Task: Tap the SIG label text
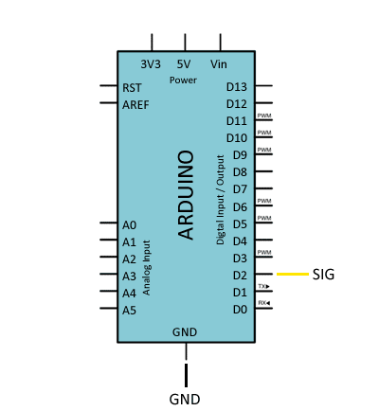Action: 323,275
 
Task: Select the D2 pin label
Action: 240,275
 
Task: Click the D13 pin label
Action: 237,87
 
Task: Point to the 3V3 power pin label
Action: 151,64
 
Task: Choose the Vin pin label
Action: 219,64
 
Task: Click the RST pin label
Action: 133,87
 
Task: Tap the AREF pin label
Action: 135,104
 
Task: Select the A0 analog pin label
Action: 130,224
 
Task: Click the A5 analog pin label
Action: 130,310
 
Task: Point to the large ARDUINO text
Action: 187,194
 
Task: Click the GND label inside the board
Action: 184,332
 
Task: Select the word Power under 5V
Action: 183,80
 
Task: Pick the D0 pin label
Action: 240,310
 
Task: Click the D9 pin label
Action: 240,155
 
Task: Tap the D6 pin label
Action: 240,206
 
